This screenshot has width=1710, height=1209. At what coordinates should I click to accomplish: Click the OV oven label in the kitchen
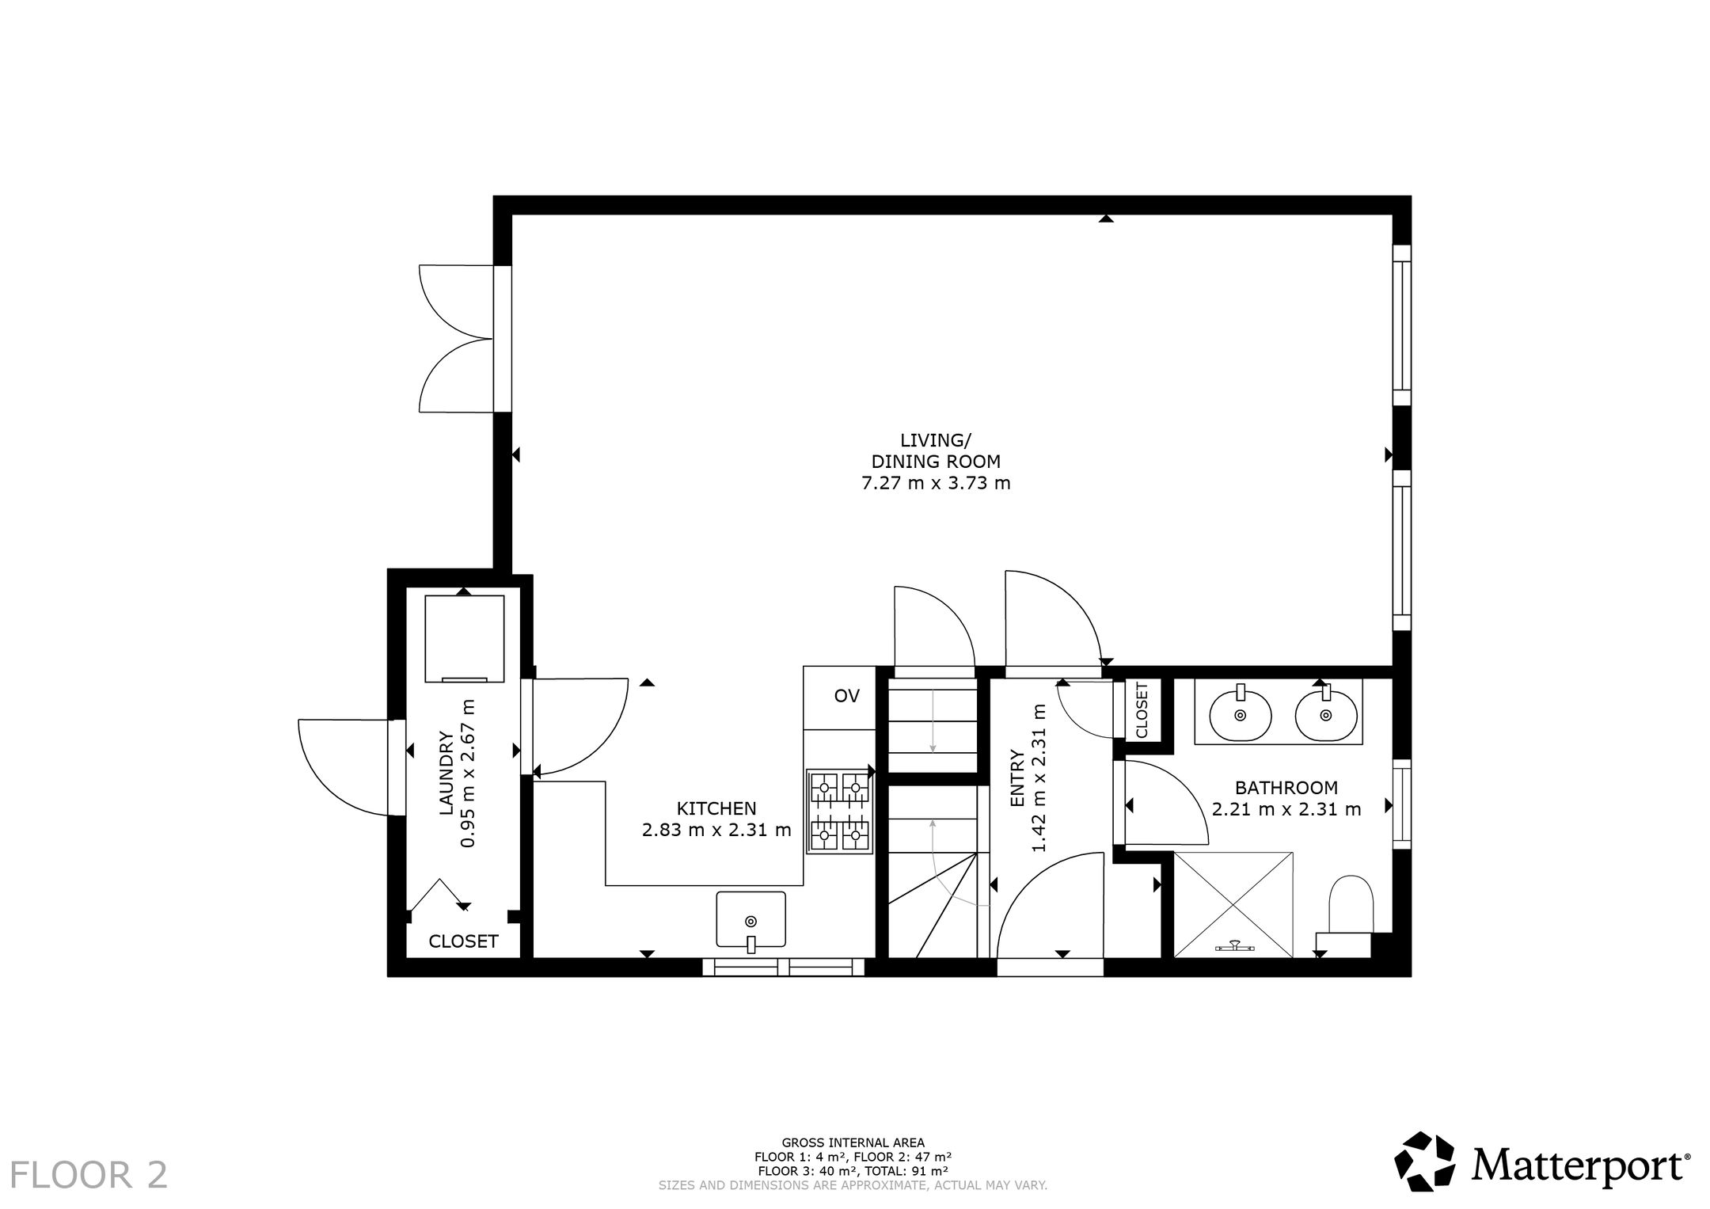tap(846, 697)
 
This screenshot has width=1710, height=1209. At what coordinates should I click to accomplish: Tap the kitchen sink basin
tap(750, 919)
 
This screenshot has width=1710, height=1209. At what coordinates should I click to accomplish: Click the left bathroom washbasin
tap(1241, 714)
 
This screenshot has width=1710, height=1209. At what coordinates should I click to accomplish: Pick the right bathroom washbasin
tap(1326, 714)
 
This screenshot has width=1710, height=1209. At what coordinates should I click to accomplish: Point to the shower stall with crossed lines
tap(1233, 904)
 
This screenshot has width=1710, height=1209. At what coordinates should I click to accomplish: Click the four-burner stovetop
tap(838, 812)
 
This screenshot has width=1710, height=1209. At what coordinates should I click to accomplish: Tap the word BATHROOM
tap(1286, 788)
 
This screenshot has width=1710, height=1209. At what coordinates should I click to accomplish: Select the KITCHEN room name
tap(716, 808)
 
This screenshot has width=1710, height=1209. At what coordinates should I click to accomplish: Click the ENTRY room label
tap(1017, 779)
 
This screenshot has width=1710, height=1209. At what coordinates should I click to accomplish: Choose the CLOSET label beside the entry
tap(1142, 710)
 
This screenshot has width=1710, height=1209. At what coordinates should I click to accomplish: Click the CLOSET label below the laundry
tap(463, 941)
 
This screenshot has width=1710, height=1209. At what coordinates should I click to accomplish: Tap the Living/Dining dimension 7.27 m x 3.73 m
tap(936, 482)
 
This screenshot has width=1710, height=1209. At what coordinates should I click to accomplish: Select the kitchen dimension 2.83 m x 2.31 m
tap(716, 830)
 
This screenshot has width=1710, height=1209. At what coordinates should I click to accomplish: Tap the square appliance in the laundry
tap(464, 638)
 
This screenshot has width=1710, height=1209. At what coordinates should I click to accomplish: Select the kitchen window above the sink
tap(783, 967)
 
